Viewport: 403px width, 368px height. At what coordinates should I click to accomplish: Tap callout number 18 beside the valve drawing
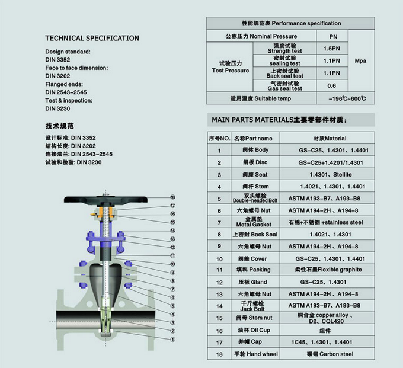pyautogui.click(x=173, y=197)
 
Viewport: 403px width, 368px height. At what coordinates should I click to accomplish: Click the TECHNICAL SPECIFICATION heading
pyautogui.click(x=92, y=38)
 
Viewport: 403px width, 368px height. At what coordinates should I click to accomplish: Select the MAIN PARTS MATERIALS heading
pyautogui.click(x=279, y=120)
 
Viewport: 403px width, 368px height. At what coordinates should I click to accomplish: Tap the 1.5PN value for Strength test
pyautogui.click(x=331, y=48)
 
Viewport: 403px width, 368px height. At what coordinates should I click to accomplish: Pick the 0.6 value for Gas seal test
pyautogui.click(x=331, y=85)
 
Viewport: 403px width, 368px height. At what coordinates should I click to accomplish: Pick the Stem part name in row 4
pyautogui.click(x=252, y=187)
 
